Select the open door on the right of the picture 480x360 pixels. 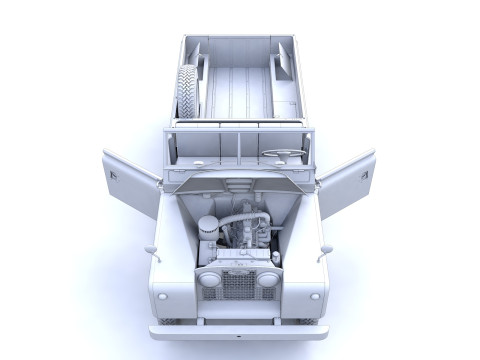pyautogui.click(x=346, y=182)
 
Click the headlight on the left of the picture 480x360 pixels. pyautogui.click(x=210, y=279)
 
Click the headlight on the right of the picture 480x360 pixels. pyautogui.click(x=267, y=279)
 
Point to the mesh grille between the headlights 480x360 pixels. pyautogui.click(x=238, y=286)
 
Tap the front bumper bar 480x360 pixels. pyautogui.click(x=239, y=331)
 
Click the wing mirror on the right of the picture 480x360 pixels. pyautogui.click(x=324, y=251)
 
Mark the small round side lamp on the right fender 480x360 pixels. pyautogui.click(x=313, y=296)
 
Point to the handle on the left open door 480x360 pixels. pyautogui.click(x=114, y=175)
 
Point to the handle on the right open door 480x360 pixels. pyautogui.click(x=364, y=175)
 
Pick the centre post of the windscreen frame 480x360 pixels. pyautogui.click(x=240, y=141)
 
